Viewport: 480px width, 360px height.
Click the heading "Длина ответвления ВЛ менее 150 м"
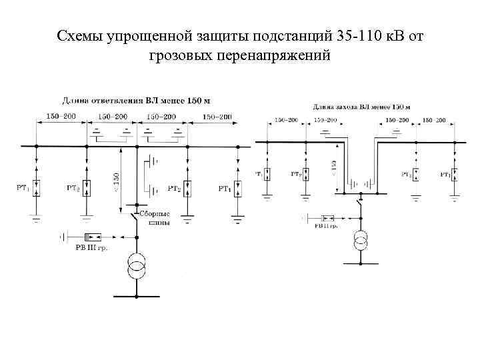tap(136, 101)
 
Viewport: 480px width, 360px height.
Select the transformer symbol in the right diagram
tap(361, 241)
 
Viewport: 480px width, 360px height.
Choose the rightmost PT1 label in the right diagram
tap(444, 174)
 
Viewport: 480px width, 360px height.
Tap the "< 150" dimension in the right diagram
tap(333, 167)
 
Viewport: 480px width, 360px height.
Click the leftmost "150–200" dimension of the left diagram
tap(61, 117)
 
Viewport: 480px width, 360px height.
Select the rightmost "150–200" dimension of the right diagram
tap(438, 121)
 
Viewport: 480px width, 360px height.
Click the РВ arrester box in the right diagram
tap(329, 217)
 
